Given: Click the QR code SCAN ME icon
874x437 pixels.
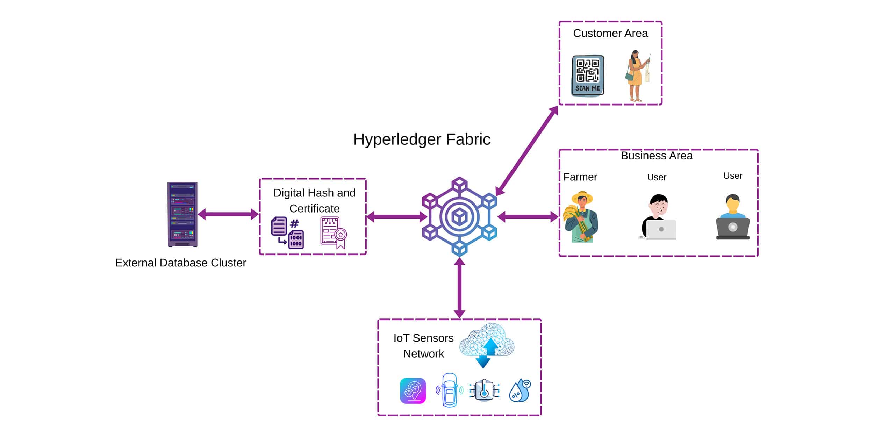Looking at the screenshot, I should [x=588, y=75].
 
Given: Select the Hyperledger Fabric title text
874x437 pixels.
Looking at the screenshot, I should [x=422, y=139].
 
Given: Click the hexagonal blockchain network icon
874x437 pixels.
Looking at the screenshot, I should [x=459, y=217].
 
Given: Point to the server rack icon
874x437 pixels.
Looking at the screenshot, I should [x=182, y=214].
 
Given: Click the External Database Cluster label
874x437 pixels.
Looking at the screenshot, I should [x=180, y=263].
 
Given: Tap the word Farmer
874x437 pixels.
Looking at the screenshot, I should [x=580, y=177].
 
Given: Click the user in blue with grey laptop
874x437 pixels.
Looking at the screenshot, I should [x=732, y=217].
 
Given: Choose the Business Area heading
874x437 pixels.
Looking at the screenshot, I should [x=656, y=156].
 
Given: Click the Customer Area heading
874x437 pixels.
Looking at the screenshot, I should [x=610, y=34].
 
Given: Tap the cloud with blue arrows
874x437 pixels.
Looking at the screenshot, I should [x=487, y=344].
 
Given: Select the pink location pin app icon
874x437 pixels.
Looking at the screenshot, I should [x=413, y=391].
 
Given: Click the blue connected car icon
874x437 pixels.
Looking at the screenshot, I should [x=450, y=390].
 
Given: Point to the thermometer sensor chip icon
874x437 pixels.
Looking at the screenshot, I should [x=484, y=390].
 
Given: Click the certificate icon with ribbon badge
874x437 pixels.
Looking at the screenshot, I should [x=334, y=232].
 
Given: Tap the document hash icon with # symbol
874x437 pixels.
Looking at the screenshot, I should [x=287, y=233].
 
